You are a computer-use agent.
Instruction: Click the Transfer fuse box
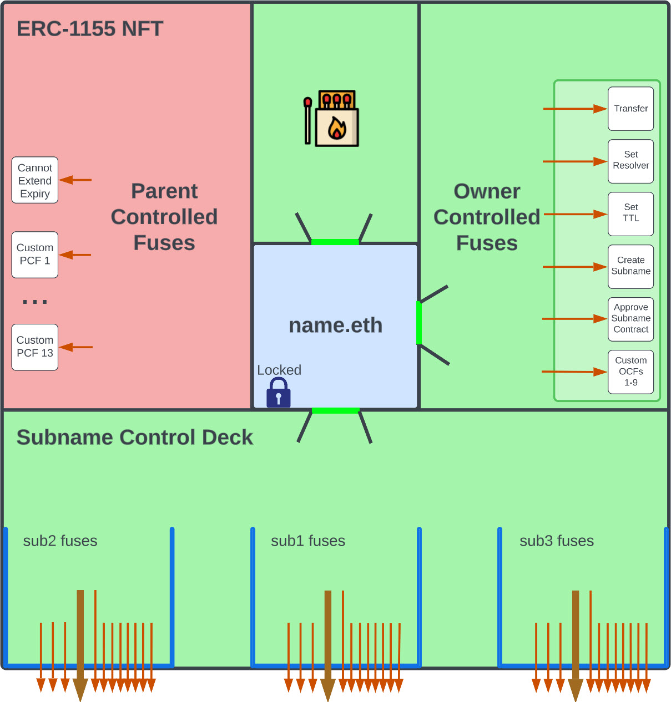tap(630, 109)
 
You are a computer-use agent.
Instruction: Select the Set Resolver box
tap(630, 161)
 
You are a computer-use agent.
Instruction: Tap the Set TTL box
tap(630, 213)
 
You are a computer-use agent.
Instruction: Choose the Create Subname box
tap(630, 266)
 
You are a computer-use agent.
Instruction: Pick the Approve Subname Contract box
tap(630, 319)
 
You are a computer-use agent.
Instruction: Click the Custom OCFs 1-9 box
tap(630, 372)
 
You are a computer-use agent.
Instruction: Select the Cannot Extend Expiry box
tap(35, 180)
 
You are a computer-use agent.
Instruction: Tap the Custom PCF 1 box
tap(35, 255)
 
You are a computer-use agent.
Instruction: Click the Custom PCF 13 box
tap(35, 347)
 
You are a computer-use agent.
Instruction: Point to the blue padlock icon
tap(279, 393)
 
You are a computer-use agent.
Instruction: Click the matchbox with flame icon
tap(332, 119)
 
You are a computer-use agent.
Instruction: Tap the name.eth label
tap(335, 325)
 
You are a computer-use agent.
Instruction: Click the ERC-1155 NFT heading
tap(90, 29)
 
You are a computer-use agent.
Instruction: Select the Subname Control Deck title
tap(135, 438)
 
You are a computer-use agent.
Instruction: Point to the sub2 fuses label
tap(60, 541)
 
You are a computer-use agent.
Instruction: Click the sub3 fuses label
tap(557, 541)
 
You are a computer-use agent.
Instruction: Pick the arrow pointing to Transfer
tap(574, 109)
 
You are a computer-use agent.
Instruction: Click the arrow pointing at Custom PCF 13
tap(76, 347)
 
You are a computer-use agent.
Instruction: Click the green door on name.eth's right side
tap(419, 323)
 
